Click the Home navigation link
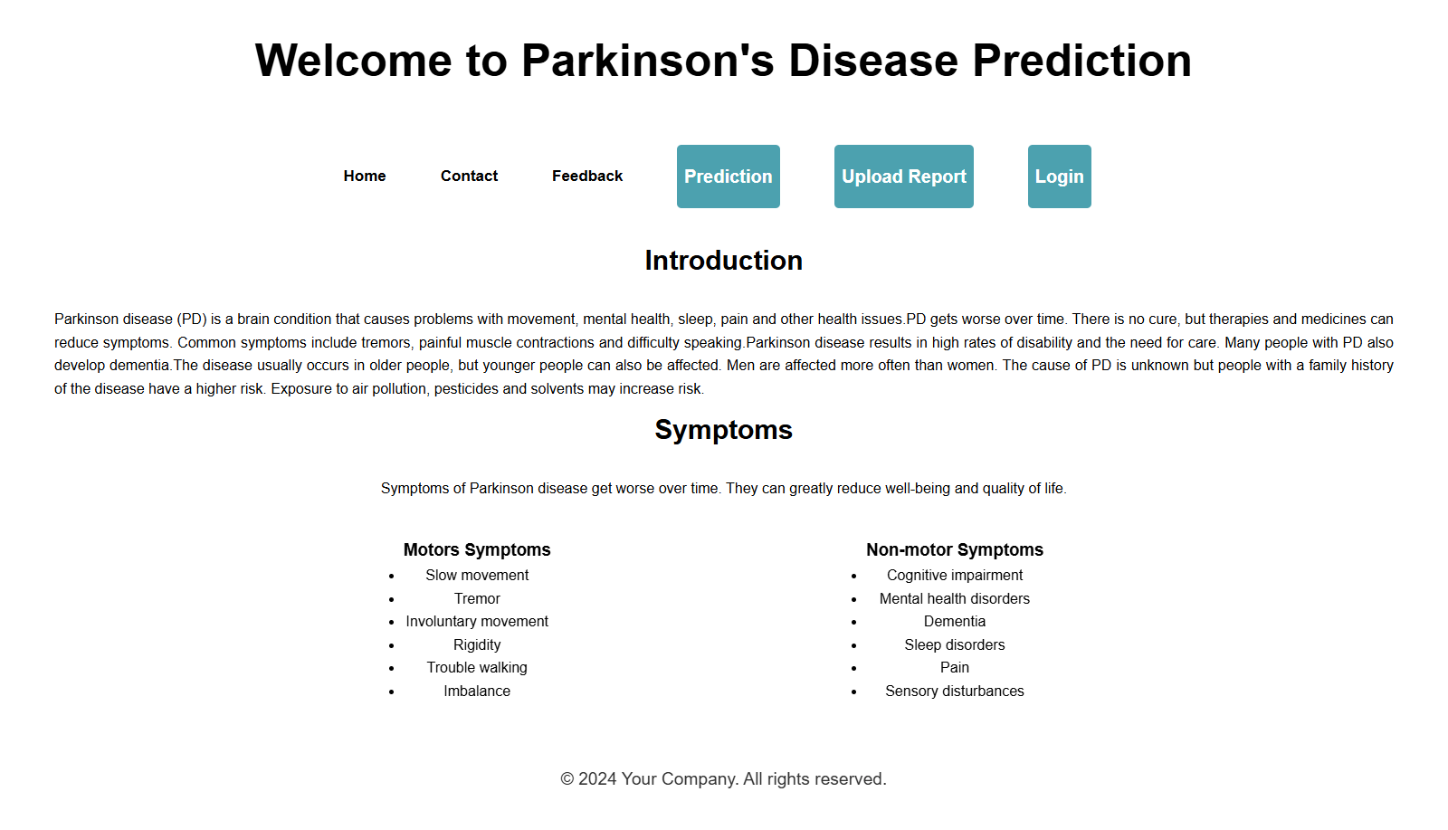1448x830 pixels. pos(365,176)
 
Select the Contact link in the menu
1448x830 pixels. pos(470,176)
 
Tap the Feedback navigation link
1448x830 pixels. pos(587,176)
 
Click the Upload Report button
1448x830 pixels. pos(904,176)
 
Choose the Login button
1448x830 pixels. pos(1060,176)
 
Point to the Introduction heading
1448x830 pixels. pos(723,261)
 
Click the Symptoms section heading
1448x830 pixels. pos(723,430)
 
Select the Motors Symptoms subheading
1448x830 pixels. pos(477,549)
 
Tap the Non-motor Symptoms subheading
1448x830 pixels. pos(955,549)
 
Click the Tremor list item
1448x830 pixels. pos(477,598)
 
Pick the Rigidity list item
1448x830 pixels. pos(477,645)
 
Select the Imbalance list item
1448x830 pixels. pos(477,691)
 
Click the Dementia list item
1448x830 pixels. pos(955,622)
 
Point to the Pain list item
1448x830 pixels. pos(955,668)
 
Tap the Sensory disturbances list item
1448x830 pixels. pos(955,691)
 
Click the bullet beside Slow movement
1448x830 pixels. pos(391,576)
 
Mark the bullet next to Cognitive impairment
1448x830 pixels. pos(854,576)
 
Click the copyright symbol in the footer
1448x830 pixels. pos(567,779)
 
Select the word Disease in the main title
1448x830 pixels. pos(873,61)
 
